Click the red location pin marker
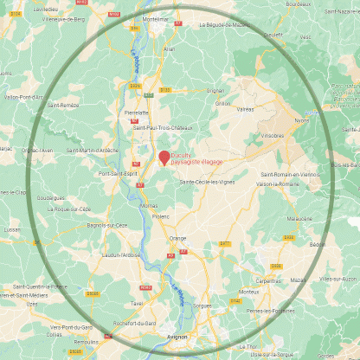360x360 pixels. pos(164,157)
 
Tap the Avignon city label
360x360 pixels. pos(177,337)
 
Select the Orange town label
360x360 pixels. pos(177,237)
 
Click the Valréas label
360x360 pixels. pos(246,109)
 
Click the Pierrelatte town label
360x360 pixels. pos(137,112)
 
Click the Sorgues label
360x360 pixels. pos(202,305)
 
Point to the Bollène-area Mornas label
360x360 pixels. pos(148,206)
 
